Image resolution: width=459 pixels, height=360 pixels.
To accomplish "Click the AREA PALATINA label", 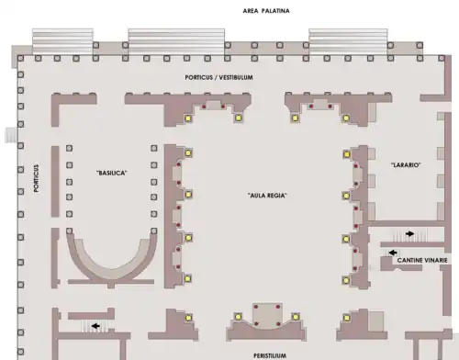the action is [266, 11].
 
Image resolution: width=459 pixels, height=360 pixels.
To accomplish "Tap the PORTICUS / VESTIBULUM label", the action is [219, 77].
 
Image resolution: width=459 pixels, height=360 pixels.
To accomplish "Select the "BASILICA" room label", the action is [112, 173].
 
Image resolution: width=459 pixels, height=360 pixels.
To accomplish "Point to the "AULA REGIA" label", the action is [267, 196].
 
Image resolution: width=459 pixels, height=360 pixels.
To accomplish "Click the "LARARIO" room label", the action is [406, 164].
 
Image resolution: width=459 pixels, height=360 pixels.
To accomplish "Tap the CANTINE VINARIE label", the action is [422, 260].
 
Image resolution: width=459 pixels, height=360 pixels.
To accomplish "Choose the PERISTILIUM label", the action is [270, 355].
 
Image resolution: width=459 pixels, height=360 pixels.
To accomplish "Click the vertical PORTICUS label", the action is [37, 178].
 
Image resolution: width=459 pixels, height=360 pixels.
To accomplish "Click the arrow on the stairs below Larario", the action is [409, 234].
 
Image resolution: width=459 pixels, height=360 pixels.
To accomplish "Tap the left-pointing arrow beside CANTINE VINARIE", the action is [393, 253].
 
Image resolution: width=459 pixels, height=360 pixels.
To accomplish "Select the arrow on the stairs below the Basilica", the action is [95, 326].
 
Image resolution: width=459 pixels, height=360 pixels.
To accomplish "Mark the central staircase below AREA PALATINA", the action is [176, 41].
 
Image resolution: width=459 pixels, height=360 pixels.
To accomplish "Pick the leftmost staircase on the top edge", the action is [62, 41].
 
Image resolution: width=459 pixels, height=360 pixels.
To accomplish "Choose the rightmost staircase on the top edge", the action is [348, 41].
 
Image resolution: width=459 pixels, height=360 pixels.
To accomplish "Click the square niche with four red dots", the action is [267, 315].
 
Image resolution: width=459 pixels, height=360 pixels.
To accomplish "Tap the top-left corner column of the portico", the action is [20, 58].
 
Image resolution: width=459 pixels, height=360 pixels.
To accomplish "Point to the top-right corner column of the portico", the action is [441, 58].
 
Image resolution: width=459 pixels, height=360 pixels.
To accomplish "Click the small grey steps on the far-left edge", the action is [10, 135].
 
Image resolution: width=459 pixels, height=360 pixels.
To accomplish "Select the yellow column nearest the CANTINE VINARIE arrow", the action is [346, 239].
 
